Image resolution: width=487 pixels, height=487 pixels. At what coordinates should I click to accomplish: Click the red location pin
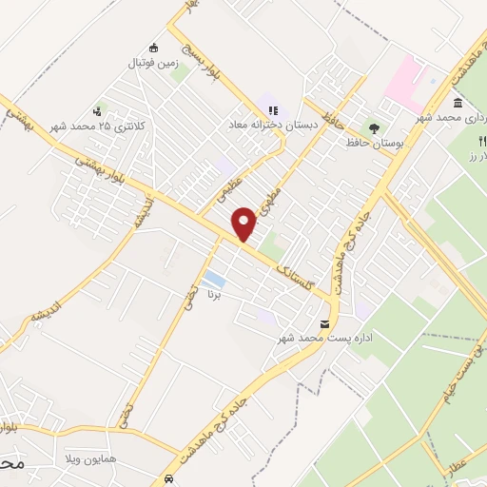click(244, 224)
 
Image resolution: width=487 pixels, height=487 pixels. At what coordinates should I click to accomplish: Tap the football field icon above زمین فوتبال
click(154, 49)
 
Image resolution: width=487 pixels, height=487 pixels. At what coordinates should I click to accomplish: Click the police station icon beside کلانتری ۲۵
click(99, 111)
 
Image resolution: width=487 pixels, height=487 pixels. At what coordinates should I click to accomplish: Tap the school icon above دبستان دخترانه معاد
click(273, 109)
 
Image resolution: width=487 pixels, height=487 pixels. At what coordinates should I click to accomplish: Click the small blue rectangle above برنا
click(214, 282)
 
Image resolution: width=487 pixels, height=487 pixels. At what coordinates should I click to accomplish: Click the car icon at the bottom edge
click(167, 478)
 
